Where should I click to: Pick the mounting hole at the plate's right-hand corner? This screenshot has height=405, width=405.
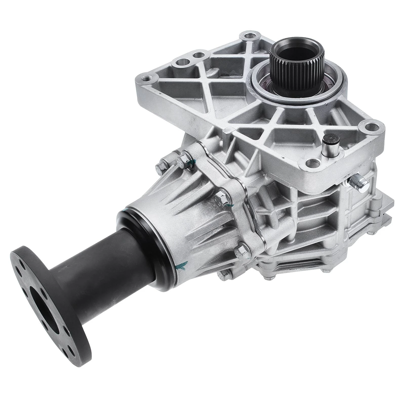(372, 126)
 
